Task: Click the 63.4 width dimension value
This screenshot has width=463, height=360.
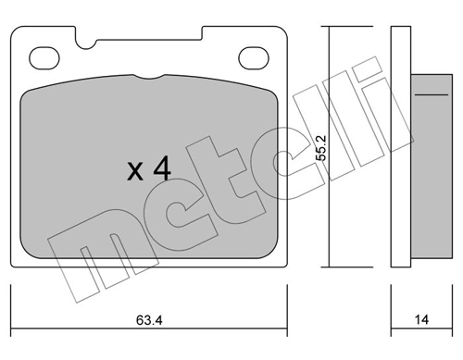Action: point(149,320)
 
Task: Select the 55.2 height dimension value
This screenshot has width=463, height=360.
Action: point(322,148)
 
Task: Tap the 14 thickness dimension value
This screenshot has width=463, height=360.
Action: point(421,320)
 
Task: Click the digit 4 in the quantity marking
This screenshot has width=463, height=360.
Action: point(162,168)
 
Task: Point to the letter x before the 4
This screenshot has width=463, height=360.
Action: point(135,172)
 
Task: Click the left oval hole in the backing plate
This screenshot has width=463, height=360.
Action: point(44,58)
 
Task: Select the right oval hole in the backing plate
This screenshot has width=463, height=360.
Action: point(254,58)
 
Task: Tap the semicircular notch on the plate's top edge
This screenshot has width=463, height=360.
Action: point(86,44)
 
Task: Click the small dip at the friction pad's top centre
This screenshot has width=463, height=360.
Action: point(149,77)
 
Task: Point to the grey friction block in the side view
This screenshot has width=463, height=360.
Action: point(432,167)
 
